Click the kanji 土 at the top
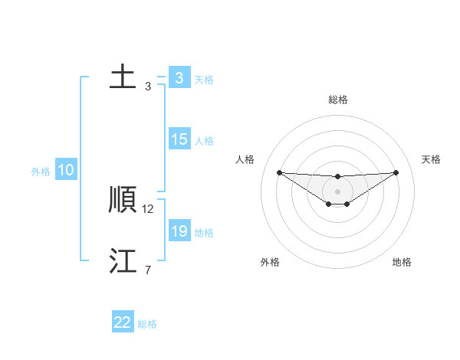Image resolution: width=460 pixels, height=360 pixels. [x=123, y=77]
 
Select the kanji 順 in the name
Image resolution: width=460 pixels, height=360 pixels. [x=123, y=200]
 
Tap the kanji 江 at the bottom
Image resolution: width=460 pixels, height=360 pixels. [x=123, y=261]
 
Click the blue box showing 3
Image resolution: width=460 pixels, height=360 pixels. [x=179, y=77]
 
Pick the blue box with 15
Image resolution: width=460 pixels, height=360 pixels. [x=179, y=140]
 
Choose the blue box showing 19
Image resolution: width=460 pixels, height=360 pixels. [x=179, y=231]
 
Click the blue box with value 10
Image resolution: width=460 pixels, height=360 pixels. [x=66, y=171]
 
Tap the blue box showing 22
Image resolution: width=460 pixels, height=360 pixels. [x=123, y=322]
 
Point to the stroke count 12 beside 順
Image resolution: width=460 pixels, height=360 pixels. [x=149, y=208]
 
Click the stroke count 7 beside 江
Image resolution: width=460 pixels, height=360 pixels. [x=148, y=270]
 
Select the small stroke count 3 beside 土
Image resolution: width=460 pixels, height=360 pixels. [x=148, y=86]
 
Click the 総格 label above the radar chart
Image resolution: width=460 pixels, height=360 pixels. [x=338, y=100]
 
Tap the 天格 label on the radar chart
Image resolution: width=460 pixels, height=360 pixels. [x=431, y=159]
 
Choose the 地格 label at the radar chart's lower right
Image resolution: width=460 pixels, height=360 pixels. [x=402, y=262]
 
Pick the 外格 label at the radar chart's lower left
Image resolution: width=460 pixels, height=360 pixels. [x=270, y=262]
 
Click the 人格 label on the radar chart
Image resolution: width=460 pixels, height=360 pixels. [x=245, y=159]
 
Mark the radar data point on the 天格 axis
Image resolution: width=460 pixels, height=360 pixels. [x=396, y=172]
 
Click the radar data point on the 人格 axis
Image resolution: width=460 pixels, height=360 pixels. [x=279, y=172]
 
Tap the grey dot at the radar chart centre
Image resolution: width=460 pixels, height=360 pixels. [x=338, y=191]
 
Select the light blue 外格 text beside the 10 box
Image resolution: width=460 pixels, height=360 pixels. [x=41, y=172]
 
